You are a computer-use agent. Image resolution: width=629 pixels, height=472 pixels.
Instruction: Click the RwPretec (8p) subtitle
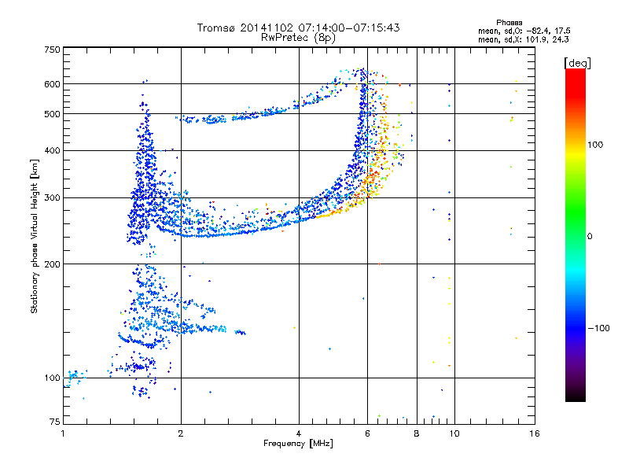point(298,38)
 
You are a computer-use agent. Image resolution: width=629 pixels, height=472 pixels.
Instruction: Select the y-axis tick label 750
point(52,50)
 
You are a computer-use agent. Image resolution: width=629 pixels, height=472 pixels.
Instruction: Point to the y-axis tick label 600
point(52,84)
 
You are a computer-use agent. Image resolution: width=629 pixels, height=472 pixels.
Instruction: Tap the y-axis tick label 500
point(52,114)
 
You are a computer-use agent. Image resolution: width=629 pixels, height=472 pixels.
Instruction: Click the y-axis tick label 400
point(52,151)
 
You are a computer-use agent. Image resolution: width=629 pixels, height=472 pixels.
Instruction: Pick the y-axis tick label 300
point(52,198)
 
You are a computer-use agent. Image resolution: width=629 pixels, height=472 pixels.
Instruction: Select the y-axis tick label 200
point(52,264)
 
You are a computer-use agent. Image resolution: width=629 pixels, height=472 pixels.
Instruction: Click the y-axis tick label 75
point(55,422)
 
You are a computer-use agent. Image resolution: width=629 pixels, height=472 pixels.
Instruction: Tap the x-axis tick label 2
point(181,433)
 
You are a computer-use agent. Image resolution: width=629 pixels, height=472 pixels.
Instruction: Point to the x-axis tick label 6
point(367,433)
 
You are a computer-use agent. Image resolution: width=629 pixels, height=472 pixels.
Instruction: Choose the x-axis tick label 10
point(454,433)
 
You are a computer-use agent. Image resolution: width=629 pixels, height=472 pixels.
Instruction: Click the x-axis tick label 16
point(535,433)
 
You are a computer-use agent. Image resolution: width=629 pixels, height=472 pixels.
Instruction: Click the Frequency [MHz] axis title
point(298,444)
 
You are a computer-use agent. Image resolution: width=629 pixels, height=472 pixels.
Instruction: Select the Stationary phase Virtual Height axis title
point(34,236)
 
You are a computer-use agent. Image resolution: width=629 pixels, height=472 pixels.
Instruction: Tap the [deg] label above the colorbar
point(577,63)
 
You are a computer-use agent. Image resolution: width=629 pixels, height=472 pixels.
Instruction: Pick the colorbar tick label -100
point(599,328)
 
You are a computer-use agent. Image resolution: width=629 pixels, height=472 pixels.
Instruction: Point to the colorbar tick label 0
point(590,237)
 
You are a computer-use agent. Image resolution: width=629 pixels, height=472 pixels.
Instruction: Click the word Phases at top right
point(509,23)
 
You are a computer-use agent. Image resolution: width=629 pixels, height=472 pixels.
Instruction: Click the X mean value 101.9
point(534,40)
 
